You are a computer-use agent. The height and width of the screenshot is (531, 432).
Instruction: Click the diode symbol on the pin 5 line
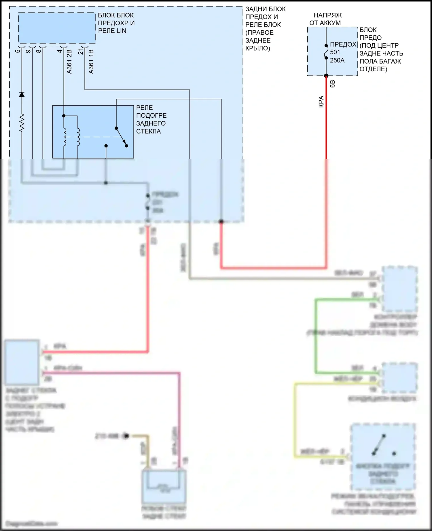click(x=22, y=94)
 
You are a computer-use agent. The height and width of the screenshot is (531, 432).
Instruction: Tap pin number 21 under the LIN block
click(x=81, y=51)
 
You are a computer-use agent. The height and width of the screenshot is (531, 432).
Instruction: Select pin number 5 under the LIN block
click(x=18, y=51)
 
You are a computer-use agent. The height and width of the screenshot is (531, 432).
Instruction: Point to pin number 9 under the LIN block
click(x=28, y=51)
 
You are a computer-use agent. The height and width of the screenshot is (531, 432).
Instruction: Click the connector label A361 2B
click(x=69, y=62)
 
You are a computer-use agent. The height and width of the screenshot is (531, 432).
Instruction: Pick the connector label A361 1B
click(x=91, y=62)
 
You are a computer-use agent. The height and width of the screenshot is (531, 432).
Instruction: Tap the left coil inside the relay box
click(x=65, y=137)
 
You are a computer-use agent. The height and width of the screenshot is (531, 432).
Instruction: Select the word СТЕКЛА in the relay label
click(x=148, y=131)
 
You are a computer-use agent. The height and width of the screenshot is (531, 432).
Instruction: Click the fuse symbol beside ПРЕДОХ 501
click(x=326, y=52)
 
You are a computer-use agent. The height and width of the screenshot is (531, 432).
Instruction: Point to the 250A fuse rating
click(x=337, y=60)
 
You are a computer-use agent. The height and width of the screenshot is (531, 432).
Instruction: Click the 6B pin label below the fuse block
click(x=332, y=84)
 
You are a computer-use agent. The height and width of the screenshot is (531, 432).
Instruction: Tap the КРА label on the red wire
click(x=321, y=102)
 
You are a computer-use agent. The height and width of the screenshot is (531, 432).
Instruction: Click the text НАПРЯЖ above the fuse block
click(x=328, y=15)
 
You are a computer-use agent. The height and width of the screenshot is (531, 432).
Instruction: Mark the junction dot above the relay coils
click(x=64, y=116)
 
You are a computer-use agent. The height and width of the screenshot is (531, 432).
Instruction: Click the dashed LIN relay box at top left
click(x=57, y=28)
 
